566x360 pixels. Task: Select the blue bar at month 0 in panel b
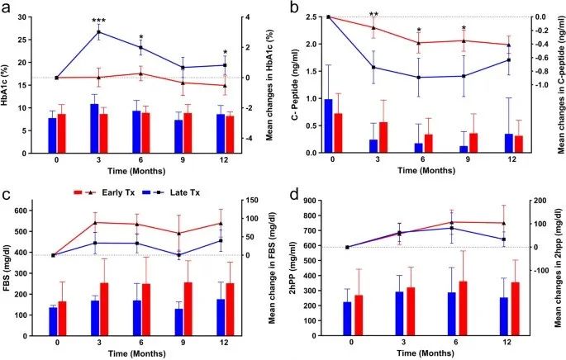click(x=328, y=126)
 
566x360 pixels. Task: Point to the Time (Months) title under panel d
click(x=426, y=353)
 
